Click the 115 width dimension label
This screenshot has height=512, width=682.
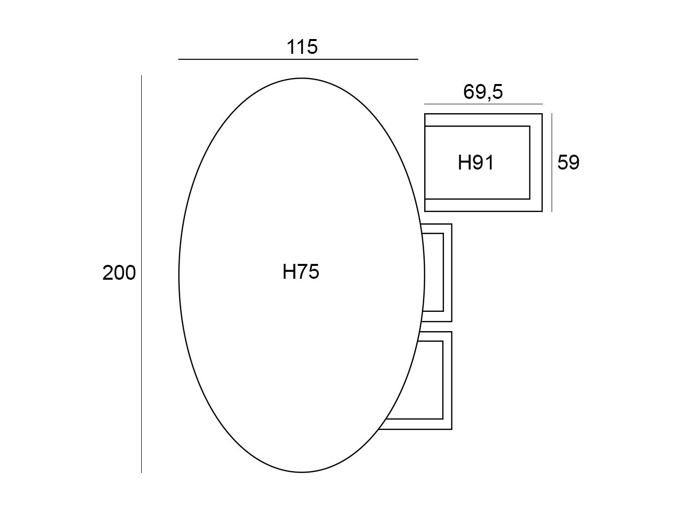click(x=302, y=47)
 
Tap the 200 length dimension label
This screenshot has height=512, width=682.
click(x=119, y=273)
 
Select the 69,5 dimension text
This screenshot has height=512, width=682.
click(x=483, y=92)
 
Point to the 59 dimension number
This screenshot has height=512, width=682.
click(x=568, y=162)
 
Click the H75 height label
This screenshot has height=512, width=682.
click(x=301, y=271)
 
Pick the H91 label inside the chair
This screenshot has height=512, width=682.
click(x=476, y=163)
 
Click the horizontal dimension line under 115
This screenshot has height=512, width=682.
click(x=298, y=59)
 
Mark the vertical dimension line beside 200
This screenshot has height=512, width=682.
click(x=141, y=274)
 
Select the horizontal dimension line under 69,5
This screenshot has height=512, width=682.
click(x=483, y=104)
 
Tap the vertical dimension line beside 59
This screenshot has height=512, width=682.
click(x=552, y=163)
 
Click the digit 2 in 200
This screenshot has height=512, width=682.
click(x=108, y=273)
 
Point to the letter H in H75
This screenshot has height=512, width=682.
click(x=288, y=271)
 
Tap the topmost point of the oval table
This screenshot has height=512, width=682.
click(x=302, y=79)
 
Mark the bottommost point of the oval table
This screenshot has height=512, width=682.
click(x=302, y=472)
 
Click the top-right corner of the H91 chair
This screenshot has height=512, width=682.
click(x=542, y=114)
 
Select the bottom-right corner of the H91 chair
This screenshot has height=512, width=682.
click(x=542, y=212)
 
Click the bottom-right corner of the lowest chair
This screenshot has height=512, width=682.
click(x=451, y=429)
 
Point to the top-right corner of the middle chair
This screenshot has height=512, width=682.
click(x=451, y=224)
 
